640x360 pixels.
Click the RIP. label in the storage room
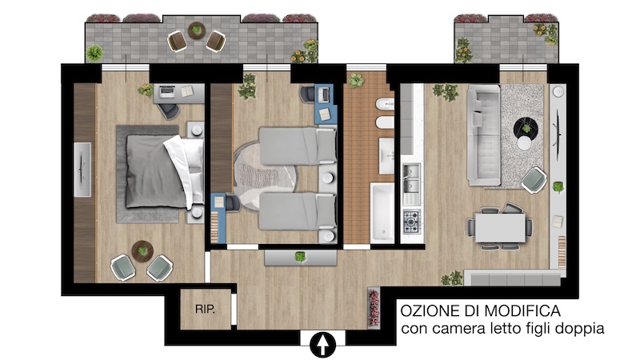pyautogui.click(x=205, y=309)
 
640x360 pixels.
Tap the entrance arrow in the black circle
pyautogui.click(x=323, y=345)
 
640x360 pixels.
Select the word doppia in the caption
pyautogui.click(x=580, y=329)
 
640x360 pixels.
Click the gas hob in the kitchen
pyautogui.click(x=411, y=222)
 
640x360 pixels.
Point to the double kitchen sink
pyautogui.click(x=411, y=178)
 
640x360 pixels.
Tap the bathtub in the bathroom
pyautogui.click(x=382, y=213)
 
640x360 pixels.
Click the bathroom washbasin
pyautogui.click(x=386, y=155)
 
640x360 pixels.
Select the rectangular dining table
pyautogui.click(x=500, y=227)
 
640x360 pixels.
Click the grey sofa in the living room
pyautogui.click(x=483, y=134)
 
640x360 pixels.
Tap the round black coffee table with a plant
pyautogui.click(x=526, y=129)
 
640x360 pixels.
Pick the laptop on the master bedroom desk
pyautogui.click(x=166, y=92)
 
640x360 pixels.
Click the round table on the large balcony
pyautogui.click(x=197, y=30)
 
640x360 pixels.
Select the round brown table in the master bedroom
pyautogui.click(x=142, y=251)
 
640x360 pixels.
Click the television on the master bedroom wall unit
pyautogui.click(x=82, y=170)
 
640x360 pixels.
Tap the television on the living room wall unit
pyautogui.click(x=557, y=129)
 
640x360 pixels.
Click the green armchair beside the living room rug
pyautogui.click(x=534, y=180)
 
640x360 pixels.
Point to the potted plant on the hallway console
pyautogui.click(x=301, y=257)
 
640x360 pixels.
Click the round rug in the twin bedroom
pyautogui.click(x=264, y=175)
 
